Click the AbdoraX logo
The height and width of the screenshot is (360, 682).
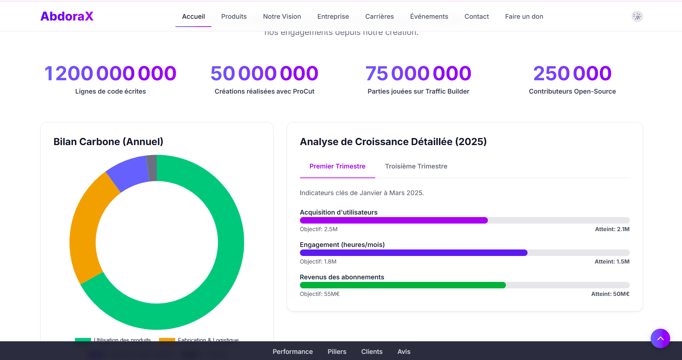tap(67, 16)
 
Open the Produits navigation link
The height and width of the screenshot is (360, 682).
tap(234, 17)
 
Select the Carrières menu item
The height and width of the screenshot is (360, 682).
tap(379, 17)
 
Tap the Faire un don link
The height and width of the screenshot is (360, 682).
tap(524, 17)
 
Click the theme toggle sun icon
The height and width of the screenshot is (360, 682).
tap(637, 17)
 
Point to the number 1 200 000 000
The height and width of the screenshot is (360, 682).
tap(110, 73)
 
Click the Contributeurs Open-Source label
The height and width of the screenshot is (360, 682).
tap(572, 91)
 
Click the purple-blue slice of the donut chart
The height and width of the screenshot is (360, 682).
tap(128, 173)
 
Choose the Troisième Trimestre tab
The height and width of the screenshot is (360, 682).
tap(416, 166)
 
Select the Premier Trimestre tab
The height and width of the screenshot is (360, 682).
tap(337, 166)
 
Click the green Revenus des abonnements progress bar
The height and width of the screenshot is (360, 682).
tap(403, 285)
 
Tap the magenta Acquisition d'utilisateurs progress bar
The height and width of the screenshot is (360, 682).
tap(394, 220)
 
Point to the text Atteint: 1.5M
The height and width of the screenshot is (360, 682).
tap(612, 262)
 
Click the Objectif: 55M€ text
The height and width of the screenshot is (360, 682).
tap(320, 294)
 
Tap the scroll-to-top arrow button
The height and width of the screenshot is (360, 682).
tap(660, 338)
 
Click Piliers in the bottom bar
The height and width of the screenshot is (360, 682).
tap(337, 352)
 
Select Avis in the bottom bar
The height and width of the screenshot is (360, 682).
tap(404, 352)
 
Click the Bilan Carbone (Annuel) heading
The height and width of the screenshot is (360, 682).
tap(108, 142)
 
